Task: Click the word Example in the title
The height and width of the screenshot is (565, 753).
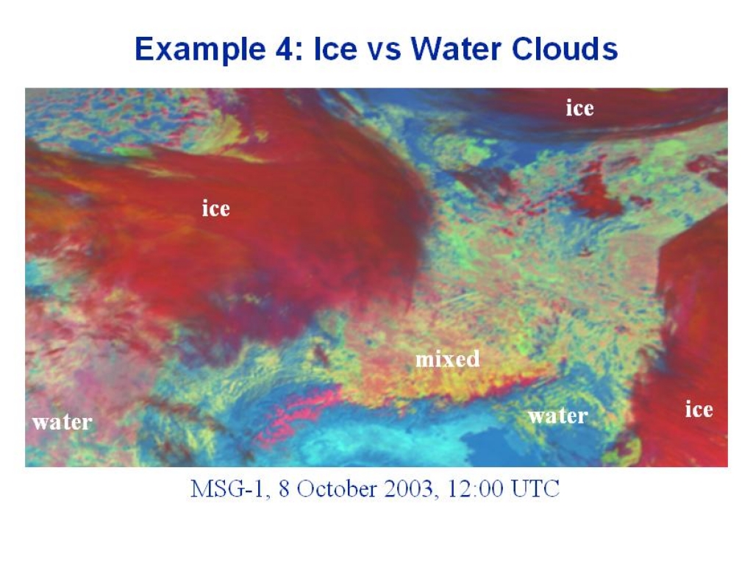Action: (199, 49)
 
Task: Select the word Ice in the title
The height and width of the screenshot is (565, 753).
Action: (335, 49)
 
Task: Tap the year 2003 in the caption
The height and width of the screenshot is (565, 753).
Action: (410, 489)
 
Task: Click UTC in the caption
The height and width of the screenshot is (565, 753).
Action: (535, 488)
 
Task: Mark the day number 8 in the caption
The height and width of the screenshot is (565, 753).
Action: (285, 489)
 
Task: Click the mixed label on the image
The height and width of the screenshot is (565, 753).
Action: (447, 359)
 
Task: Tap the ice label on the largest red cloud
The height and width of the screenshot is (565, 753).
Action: (215, 208)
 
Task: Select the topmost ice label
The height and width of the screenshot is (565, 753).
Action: (579, 108)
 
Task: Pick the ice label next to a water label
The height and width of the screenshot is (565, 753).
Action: (699, 409)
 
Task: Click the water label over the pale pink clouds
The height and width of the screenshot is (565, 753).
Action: (63, 422)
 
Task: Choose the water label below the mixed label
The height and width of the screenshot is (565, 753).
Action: (557, 416)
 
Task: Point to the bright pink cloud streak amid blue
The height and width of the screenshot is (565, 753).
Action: (298, 413)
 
